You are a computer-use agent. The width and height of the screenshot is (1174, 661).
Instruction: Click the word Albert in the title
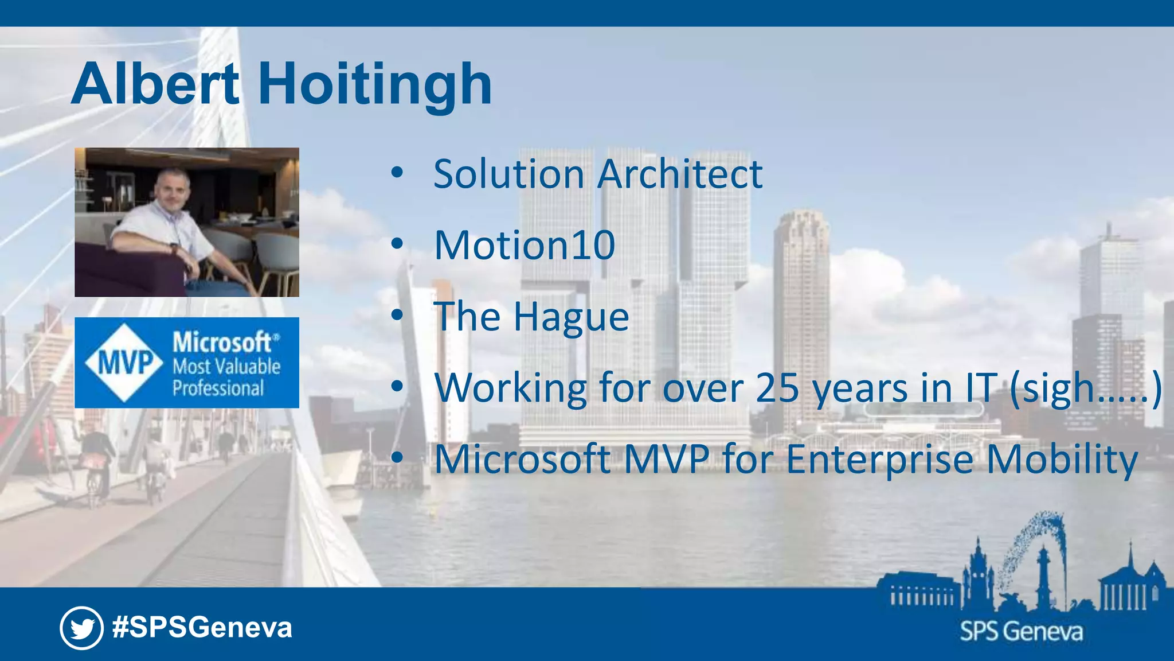click(x=155, y=85)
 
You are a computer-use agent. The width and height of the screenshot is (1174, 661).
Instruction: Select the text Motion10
click(x=525, y=246)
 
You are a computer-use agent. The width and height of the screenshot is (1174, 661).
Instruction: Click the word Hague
click(x=572, y=317)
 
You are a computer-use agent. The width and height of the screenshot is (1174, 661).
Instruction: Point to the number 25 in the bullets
click(x=777, y=388)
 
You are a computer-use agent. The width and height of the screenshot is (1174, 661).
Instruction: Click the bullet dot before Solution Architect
click(x=397, y=173)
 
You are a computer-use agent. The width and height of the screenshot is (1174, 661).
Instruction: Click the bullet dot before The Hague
click(x=397, y=315)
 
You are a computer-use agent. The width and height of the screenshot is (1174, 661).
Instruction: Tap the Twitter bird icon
click(x=81, y=628)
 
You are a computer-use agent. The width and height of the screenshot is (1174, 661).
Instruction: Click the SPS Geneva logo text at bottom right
click(x=1022, y=632)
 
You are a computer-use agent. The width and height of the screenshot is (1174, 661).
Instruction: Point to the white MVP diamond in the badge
click(x=125, y=363)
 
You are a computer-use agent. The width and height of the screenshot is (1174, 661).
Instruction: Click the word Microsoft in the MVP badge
click(x=222, y=343)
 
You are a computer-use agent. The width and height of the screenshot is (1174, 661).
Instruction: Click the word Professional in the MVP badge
click(x=218, y=388)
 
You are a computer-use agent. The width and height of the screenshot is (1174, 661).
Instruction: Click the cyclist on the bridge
click(x=96, y=465)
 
